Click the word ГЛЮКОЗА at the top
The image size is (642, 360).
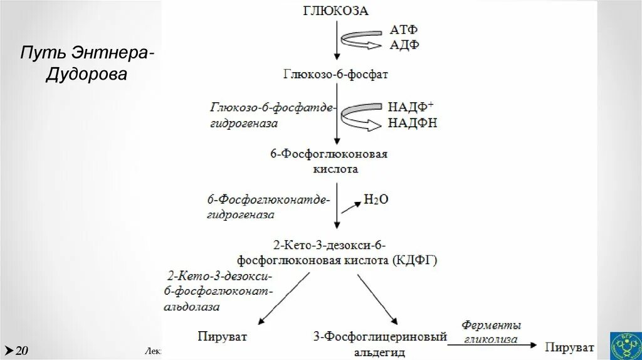[336, 11]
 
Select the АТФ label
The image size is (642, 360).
[404, 30]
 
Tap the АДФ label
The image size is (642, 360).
[404, 45]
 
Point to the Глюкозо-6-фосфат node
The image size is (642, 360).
[336, 75]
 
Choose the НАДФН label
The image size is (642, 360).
[412, 122]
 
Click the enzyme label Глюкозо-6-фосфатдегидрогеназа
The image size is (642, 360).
[273, 115]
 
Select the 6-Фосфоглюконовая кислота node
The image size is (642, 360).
[337, 161]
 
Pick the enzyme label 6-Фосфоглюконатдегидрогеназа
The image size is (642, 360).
[268, 206]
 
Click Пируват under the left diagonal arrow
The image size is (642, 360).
[222, 337]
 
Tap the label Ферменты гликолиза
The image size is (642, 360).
[492, 332]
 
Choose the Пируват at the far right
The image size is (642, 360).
[569, 347]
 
